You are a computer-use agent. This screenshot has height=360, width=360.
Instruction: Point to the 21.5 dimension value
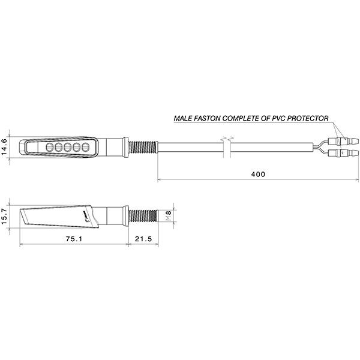pos(143,238)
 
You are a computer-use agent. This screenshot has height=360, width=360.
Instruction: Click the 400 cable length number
pos(258,174)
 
